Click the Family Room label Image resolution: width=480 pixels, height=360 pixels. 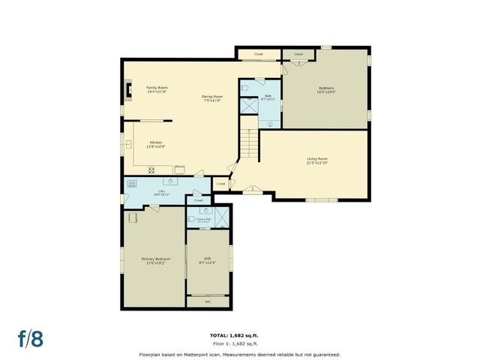(x=157, y=90)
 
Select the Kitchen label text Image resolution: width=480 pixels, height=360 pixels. (x=156, y=144)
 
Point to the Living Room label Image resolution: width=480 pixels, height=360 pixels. (x=317, y=160)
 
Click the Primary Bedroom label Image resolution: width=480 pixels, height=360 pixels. (x=153, y=262)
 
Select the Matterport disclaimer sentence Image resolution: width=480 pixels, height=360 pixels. (x=239, y=354)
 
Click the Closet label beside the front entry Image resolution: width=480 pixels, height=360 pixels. (x=220, y=183)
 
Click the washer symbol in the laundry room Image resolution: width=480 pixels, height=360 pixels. (x=132, y=183)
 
